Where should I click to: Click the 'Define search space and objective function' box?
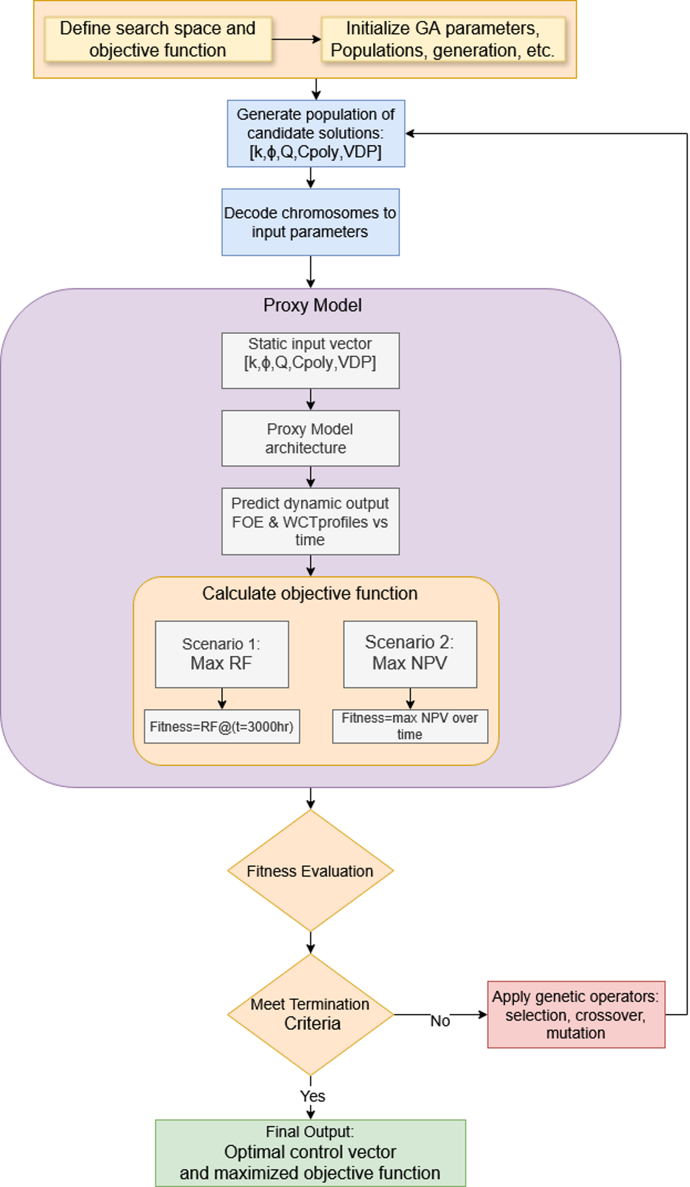pos(158,39)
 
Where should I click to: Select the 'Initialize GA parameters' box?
pos(443,39)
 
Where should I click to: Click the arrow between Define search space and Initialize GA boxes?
pos(296,39)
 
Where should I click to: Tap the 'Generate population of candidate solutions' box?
pos(316,133)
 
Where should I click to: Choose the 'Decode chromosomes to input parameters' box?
pos(310,222)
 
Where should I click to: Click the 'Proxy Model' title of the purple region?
pos(312,305)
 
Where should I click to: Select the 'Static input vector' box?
pos(310,360)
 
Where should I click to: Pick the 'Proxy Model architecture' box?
pos(310,438)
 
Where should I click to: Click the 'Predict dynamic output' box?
pos(310,521)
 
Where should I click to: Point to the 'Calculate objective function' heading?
pos(310,593)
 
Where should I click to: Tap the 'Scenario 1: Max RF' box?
pos(221,654)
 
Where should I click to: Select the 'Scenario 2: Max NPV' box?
pos(409,654)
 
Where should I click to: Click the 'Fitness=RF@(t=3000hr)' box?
pos(221,726)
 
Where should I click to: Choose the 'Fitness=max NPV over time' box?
pos(409,726)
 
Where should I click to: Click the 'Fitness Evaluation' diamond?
pos(310,871)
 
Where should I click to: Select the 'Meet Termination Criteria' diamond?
pos(310,1014)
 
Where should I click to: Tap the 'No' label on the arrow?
pos(440,1021)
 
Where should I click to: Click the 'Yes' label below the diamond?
pos(312,1096)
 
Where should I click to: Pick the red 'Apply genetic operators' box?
pos(576,1014)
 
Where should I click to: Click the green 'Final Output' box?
pos(310,1153)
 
